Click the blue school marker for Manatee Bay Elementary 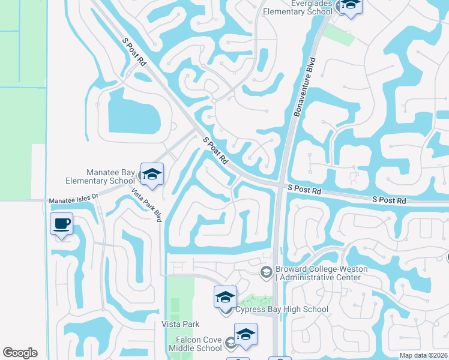152,174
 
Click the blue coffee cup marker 62,223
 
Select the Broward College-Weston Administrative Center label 318,273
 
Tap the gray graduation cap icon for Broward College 266,272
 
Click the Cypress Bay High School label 282,310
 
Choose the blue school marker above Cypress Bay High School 226,297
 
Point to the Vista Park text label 180,324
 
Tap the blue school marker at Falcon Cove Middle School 246,335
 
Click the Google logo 20,353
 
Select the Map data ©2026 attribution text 423,355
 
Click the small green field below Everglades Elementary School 339,35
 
